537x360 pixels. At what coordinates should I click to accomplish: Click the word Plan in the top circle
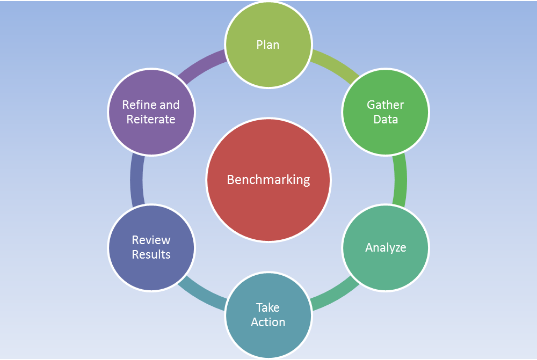click(268, 45)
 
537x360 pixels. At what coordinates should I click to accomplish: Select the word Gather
click(385, 105)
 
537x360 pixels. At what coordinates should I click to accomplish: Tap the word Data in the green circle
click(386, 120)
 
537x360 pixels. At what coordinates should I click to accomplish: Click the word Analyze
click(386, 247)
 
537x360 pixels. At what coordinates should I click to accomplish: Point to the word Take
click(268, 307)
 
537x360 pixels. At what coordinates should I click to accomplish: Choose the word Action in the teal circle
click(268, 322)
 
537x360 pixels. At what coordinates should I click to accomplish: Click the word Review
click(151, 240)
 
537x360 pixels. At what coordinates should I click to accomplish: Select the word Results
click(151, 255)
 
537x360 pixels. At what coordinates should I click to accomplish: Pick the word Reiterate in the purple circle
click(151, 120)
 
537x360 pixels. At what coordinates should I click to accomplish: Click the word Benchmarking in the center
click(268, 180)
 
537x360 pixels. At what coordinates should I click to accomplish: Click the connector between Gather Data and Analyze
click(401, 180)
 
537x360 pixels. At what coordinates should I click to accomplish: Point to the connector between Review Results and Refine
click(136, 180)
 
